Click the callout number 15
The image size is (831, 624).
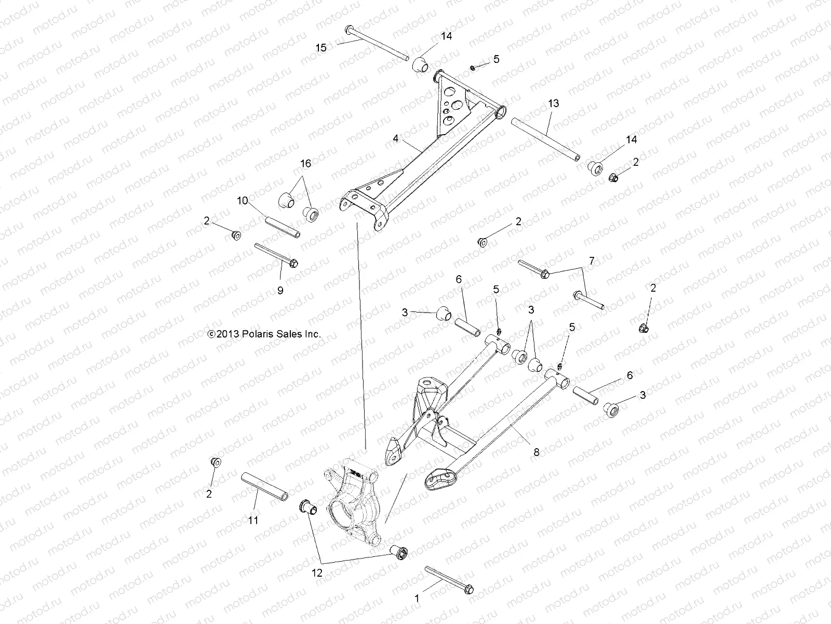(x=321, y=48)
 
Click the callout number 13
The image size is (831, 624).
(x=553, y=103)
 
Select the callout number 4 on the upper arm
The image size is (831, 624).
(x=396, y=139)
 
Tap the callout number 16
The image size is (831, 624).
(x=305, y=164)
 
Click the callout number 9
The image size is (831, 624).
(x=280, y=291)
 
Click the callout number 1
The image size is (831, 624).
(x=416, y=599)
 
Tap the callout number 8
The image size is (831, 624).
(x=537, y=453)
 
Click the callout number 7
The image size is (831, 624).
(x=591, y=260)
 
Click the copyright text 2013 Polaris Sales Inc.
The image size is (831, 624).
(x=264, y=334)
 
